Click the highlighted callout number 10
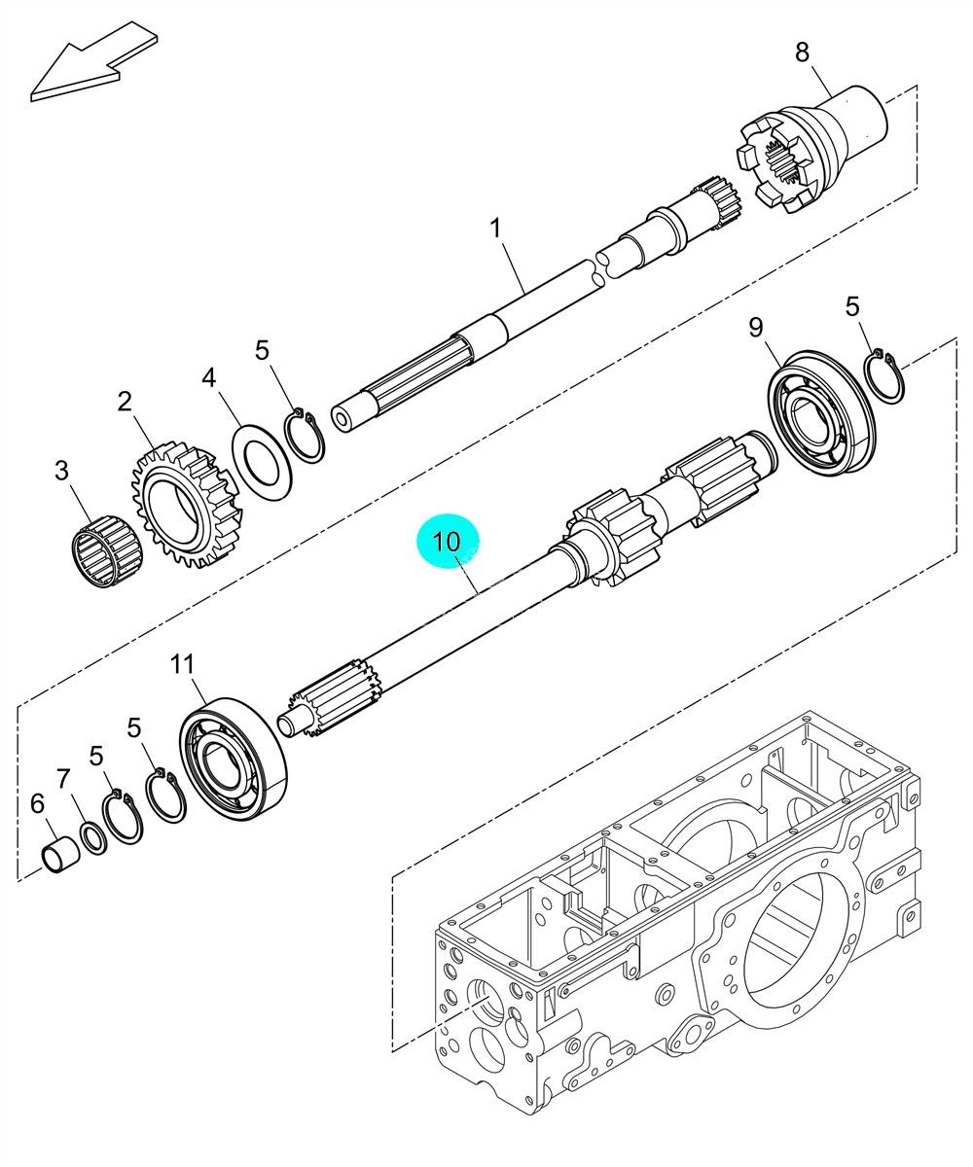447,541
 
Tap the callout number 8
802,53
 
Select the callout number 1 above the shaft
495,229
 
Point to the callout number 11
183,664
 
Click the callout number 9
755,327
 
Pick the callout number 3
61,470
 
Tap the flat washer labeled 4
262,460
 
